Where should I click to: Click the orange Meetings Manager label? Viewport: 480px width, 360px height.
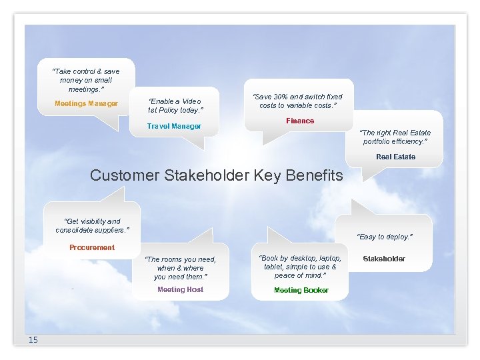point(86,103)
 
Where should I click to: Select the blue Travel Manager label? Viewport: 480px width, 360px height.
point(174,126)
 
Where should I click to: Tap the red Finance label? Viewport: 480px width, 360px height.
point(300,121)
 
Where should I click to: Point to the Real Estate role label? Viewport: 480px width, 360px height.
point(395,157)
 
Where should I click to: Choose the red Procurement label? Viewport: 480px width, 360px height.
point(92,247)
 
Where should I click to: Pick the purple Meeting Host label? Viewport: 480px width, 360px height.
point(180,289)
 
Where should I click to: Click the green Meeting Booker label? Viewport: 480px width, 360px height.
point(301,290)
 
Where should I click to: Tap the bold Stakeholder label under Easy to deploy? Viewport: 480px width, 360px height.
point(383,259)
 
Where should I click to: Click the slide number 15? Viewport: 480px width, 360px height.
point(33,340)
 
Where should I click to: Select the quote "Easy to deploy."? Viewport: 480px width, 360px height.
point(385,237)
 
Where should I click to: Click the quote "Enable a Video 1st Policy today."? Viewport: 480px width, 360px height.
point(175,105)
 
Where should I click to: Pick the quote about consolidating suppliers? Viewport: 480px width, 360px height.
point(92,225)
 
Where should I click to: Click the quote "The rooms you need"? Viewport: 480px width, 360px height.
point(180,267)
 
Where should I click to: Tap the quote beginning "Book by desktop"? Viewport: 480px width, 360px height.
point(301,267)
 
